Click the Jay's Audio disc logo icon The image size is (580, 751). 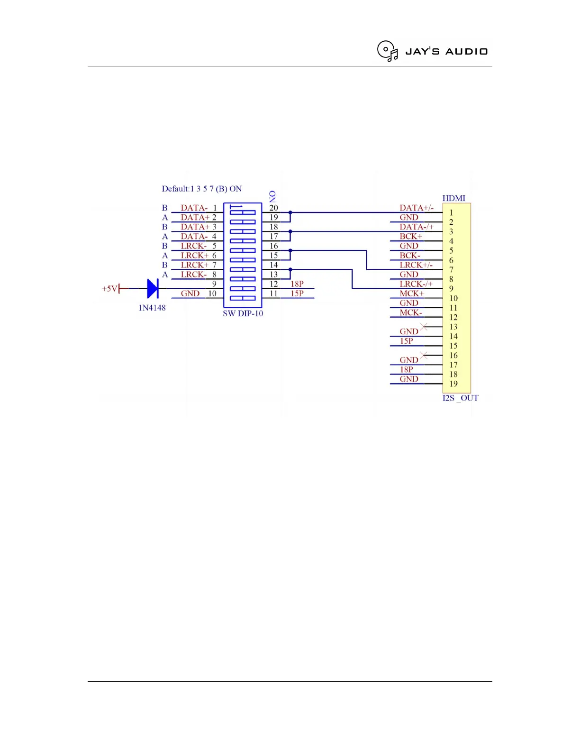pyautogui.click(x=387, y=51)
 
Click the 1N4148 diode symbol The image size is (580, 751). pyautogui.click(x=153, y=288)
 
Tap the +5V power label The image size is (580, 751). pyautogui.click(x=109, y=288)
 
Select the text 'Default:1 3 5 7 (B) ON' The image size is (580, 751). pyautogui.click(x=201, y=189)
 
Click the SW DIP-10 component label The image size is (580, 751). pyautogui.click(x=243, y=313)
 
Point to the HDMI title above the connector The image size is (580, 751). pyautogui.click(x=453, y=198)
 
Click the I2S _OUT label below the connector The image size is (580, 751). pyautogui.click(x=460, y=398)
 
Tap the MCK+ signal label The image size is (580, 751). pyautogui.click(x=411, y=293)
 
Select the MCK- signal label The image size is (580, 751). pyautogui.click(x=410, y=312)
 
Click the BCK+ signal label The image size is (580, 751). pyautogui.click(x=410, y=236)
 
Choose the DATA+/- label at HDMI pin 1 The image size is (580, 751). pyautogui.click(x=416, y=208)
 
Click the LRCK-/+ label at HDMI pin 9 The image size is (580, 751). pyautogui.click(x=416, y=284)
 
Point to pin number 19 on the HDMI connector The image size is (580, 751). pyautogui.click(x=453, y=384)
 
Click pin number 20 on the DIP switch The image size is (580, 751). pyautogui.click(x=273, y=208)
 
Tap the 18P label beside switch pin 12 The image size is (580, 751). pyautogui.click(x=297, y=284)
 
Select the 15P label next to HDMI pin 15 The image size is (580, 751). pyautogui.click(x=406, y=341)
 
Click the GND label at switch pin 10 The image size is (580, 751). pyautogui.click(x=190, y=293)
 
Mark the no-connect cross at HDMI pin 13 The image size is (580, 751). pyautogui.click(x=424, y=327)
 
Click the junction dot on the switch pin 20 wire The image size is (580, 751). pyautogui.click(x=290, y=212)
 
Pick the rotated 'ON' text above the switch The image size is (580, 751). pyautogui.click(x=272, y=196)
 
